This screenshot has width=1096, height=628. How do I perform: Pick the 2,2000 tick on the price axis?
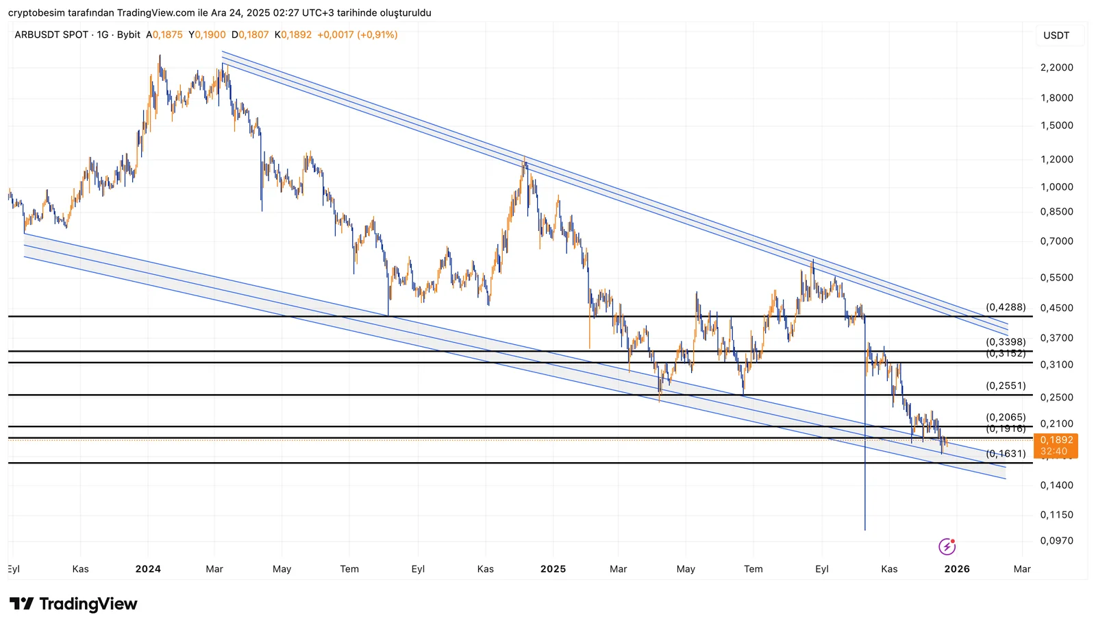click(1056, 68)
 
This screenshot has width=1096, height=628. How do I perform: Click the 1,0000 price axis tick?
click(1056, 187)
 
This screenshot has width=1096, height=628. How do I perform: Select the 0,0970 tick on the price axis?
click(1056, 541)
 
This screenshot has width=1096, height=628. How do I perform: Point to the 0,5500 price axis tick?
click(1056, 278)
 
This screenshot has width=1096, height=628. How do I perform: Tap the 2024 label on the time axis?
click(148, 569)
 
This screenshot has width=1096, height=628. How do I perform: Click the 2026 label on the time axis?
click(957, 569)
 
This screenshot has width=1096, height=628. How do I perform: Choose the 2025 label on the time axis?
click(553, 569)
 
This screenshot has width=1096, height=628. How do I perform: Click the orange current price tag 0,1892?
click(1057, 441)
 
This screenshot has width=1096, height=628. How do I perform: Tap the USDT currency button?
click(1056, 36)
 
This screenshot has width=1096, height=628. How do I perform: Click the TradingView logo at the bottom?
click(73, 604)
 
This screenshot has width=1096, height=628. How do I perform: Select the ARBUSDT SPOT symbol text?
click(51, 35)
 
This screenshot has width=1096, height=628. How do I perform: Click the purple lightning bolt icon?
click(947, 546)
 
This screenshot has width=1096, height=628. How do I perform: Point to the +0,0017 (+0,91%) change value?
click(357, 35)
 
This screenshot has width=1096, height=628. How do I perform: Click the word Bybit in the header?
click(128, 35)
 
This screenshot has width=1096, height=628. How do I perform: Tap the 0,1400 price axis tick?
click(1056, 485)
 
